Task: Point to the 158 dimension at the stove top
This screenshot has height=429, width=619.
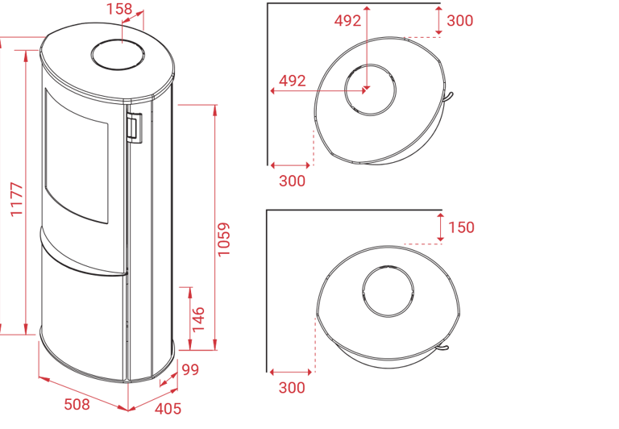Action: (x=118, y=8)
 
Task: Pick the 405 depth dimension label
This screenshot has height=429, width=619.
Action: (x=168, y=409)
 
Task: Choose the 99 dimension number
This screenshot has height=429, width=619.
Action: (x=190, y=370)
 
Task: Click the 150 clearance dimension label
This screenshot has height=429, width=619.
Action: (x=461, y=227)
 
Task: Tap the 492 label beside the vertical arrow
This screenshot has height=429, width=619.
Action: (x=348, y=22)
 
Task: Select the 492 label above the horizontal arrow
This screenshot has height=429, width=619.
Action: (x=293, y=80)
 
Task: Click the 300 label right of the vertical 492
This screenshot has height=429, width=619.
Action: (x=459, y=22)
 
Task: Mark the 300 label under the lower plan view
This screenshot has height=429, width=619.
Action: (x=293, y=388)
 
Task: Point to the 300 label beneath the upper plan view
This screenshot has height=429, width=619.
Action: (x=293, y=181)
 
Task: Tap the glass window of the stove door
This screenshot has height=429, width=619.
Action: (x=77, y=157)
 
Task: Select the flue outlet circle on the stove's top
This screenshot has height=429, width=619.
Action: (x=118, y=53)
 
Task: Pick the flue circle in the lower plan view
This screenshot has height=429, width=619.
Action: (x=388, y=291)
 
